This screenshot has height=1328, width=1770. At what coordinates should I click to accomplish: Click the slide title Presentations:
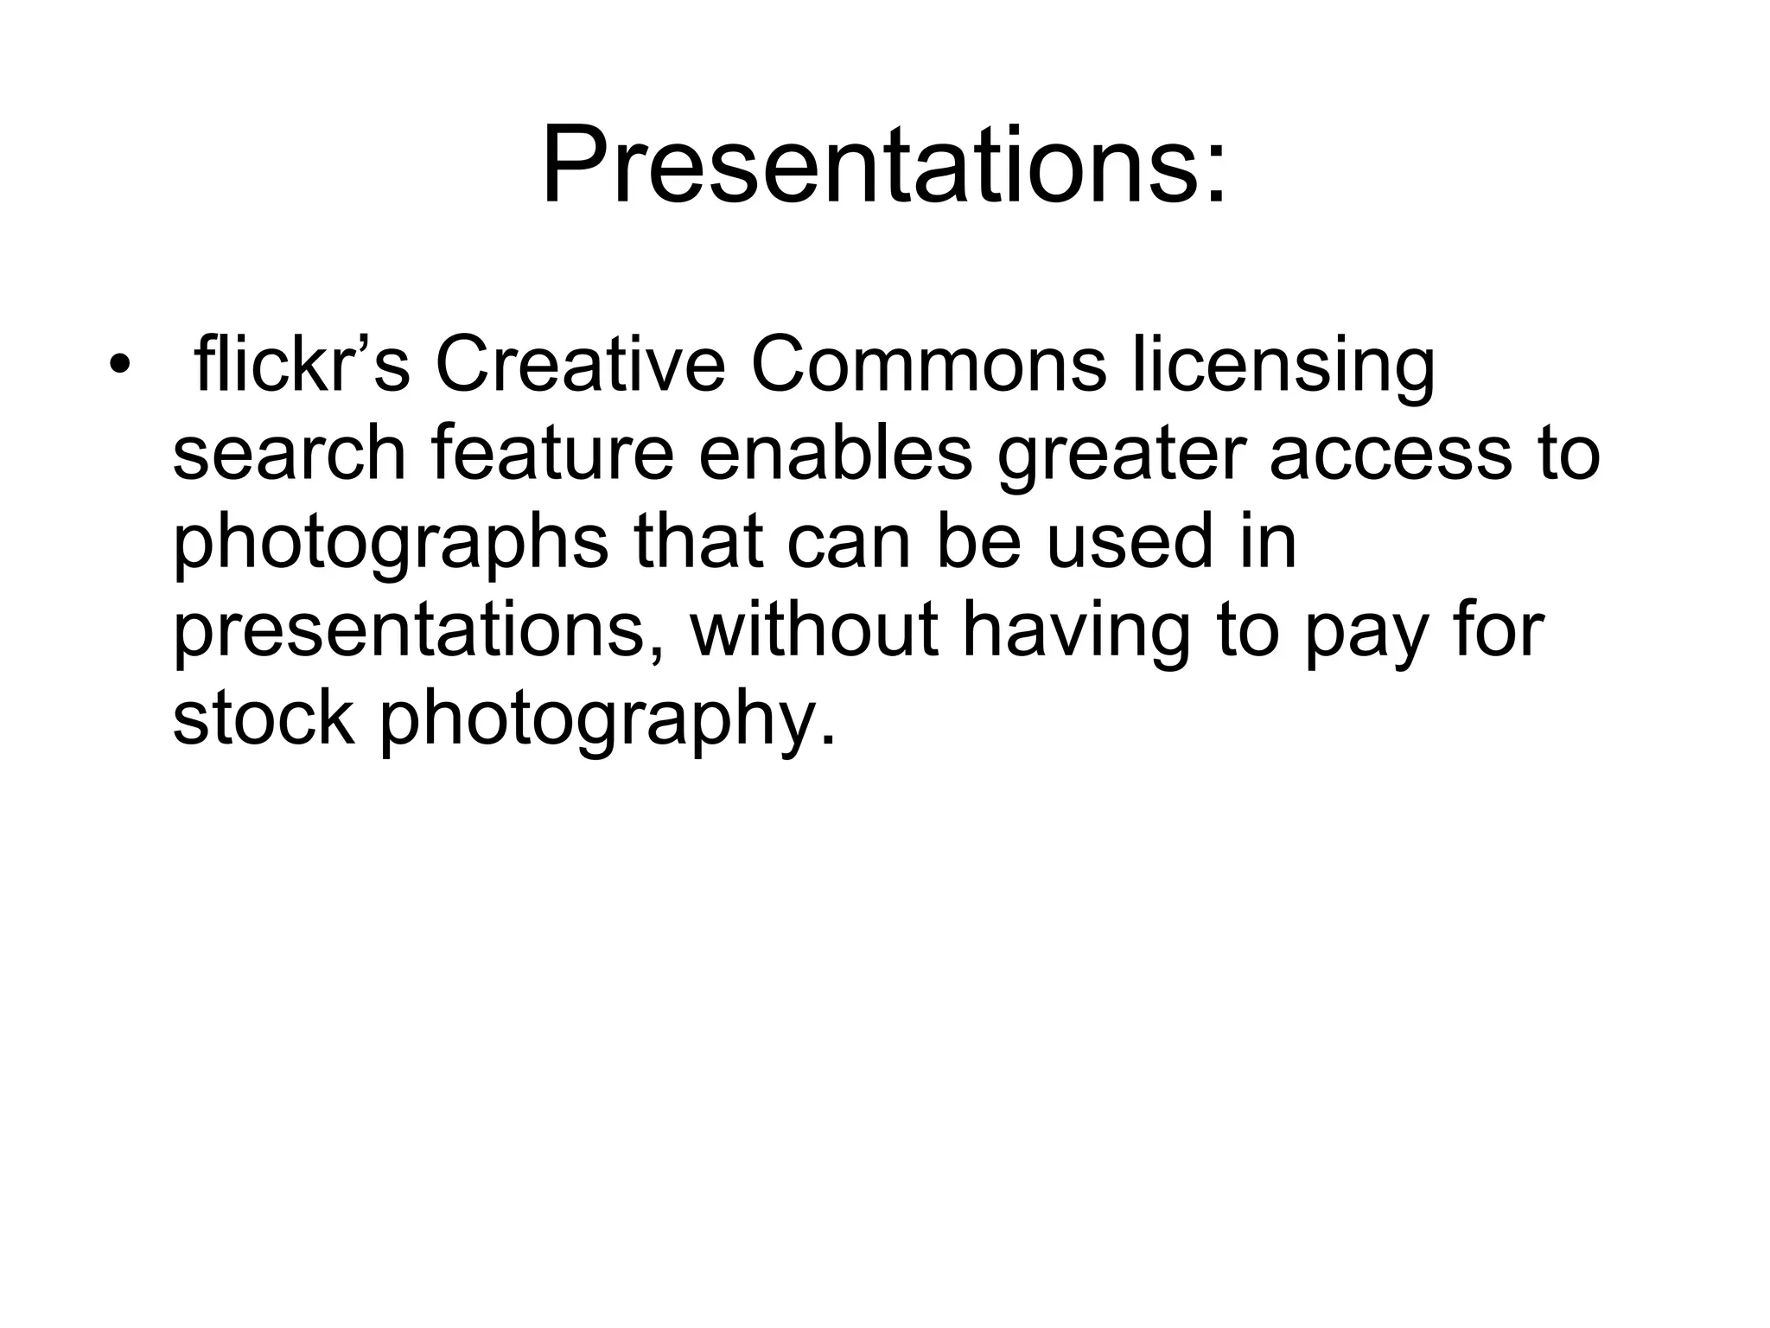click(x=883, y=166)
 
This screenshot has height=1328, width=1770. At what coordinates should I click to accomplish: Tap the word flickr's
click(x=302, y=364)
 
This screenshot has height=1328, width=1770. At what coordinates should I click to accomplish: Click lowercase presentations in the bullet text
click(x=420, y=633)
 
